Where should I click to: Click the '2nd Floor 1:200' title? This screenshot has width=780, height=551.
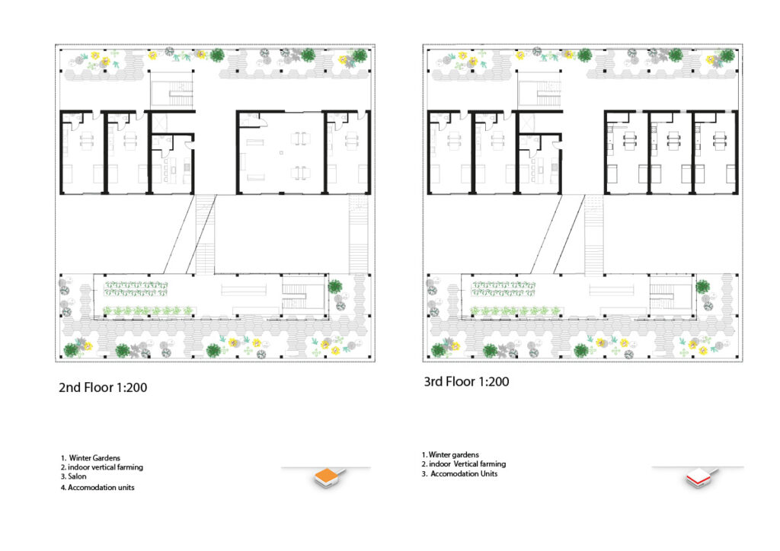coord(103,387)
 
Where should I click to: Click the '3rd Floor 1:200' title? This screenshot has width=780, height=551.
coord(467,381)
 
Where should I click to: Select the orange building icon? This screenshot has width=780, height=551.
coord(328,477)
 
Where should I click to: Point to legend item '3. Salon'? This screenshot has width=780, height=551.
coord(74,476)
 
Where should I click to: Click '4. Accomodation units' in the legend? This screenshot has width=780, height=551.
coord(97,487)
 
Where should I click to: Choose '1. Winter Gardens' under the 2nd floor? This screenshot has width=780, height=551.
coord(91,458)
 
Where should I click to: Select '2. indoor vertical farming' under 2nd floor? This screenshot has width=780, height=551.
coord(102,467)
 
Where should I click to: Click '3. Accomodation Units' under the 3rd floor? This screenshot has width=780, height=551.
coord(459,474)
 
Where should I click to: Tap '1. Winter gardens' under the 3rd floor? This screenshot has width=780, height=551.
coord(450,454)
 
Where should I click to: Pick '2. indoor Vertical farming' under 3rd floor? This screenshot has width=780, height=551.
coord(464,464)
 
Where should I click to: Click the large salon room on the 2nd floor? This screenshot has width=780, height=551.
coord(280,152)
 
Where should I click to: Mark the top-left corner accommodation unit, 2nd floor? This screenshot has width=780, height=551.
coord(82,152)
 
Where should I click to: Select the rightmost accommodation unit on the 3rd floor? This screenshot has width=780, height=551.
coord(714,152)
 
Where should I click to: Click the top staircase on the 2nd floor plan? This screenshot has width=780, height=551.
coord(172,89)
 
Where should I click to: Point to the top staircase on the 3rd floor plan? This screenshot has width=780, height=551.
coord(540,89)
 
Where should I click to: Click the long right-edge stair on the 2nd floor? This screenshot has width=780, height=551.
coord(358,234)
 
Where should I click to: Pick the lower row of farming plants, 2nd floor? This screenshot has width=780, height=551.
coord(149,311)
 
